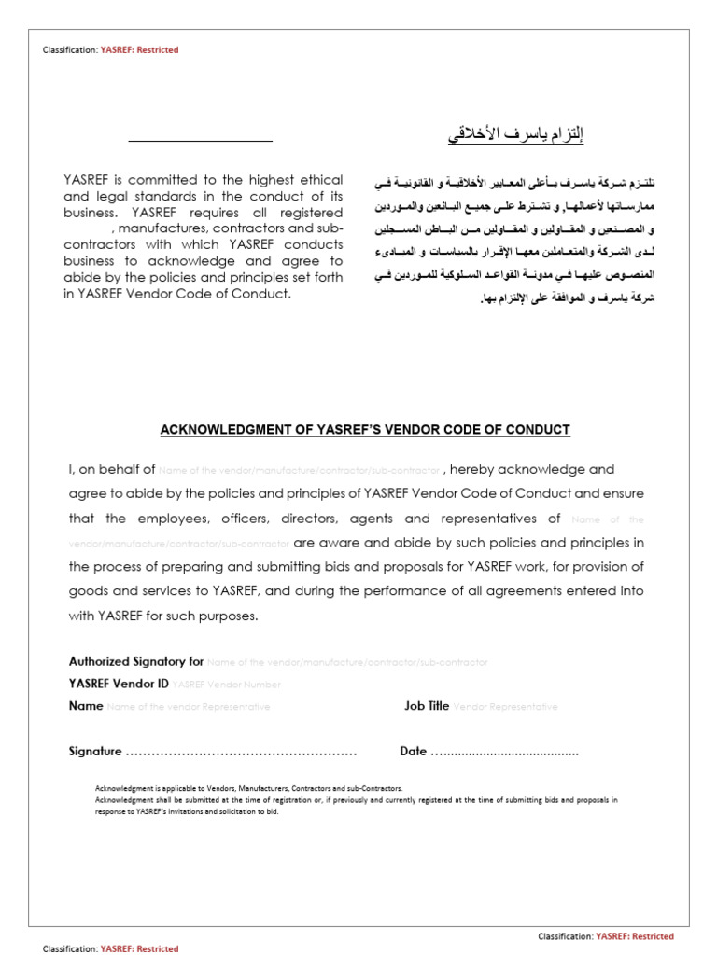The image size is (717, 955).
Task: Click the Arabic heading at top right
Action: pyautogui.click(x=514, y=136)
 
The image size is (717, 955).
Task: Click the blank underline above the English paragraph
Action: pyautogui.click(x=200, y=141)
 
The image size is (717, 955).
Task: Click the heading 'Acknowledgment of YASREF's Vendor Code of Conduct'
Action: pyautogui.click(x=364, y=430)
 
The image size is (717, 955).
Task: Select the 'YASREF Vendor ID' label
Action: pyautogui.click(x=119, y=684)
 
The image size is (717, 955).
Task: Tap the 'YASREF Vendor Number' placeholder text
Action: pyautogui.click(x=227, y=685)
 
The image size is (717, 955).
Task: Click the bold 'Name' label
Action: pyautogui.click(x=86, y=706)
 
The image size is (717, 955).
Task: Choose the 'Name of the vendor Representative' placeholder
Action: pyautogui.click(x=189, y=707)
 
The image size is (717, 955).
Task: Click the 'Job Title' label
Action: pyautogui.click(x=426, y=706)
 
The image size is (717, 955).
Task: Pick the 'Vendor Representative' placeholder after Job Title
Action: pyautogui.click(x=505, y=707)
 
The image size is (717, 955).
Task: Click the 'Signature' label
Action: pyautogui.click(x=95, y=752)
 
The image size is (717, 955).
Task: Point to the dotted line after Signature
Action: pyautogui.click(x=241, y=753)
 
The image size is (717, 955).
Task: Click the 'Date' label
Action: pyautogui.click(x=413, y=752)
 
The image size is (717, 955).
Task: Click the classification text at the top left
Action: pyautogui.click(x=110, y=50)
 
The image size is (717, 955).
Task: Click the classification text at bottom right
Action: pyautogui.click(x=606, y=936)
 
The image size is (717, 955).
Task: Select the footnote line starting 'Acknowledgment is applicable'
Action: pyautogui.click(x=249, y=788)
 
